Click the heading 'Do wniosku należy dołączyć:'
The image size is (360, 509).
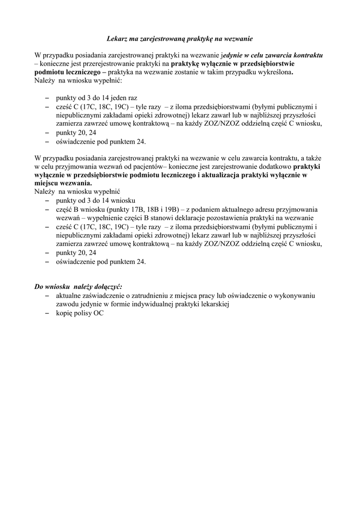click(78, 287)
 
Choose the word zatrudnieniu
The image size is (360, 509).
click(151, 296)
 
